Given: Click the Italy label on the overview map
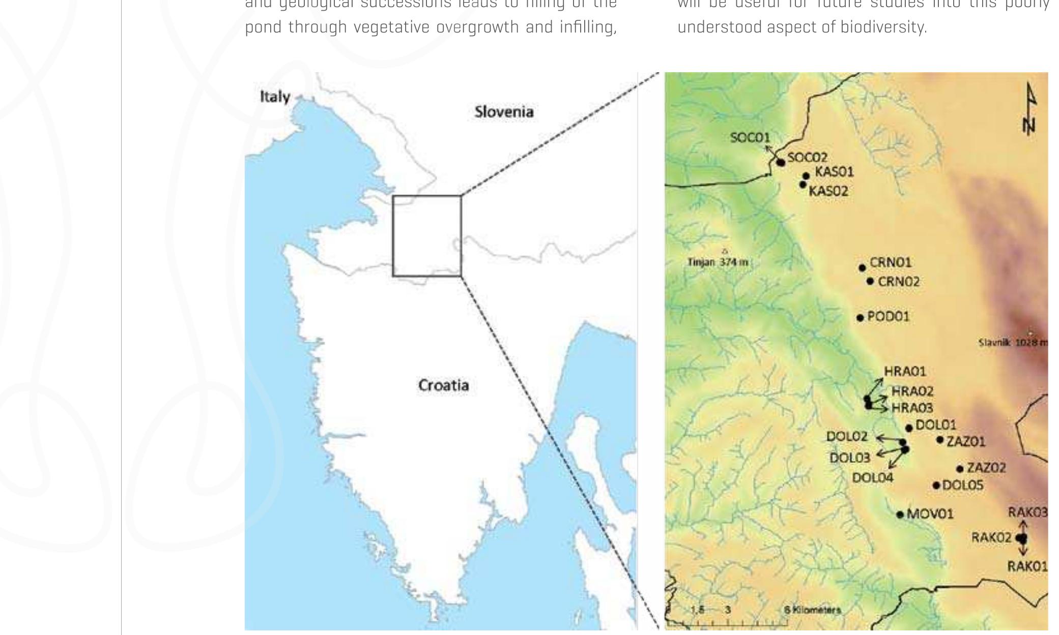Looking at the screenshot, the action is tap(275, 97).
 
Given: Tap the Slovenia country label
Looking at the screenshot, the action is tap(504, 112).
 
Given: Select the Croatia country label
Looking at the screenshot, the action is tap(443, 385).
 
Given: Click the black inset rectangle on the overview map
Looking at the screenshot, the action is tap(427, 196).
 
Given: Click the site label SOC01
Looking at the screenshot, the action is tap(750, 137).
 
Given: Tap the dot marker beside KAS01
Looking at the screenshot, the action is tap(806, 176).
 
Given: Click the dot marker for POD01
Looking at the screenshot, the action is tap(860, 318).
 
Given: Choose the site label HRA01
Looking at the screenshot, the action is tap(905, 372).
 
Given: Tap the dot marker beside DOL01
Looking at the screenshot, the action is tap(909, 429).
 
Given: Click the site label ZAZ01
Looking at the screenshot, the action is tap(966, 442).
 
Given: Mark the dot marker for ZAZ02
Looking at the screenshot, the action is tap(960, 469).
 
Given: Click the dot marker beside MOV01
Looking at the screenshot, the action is tap(900, 515).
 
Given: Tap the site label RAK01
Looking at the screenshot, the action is tap(1027, 566).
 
